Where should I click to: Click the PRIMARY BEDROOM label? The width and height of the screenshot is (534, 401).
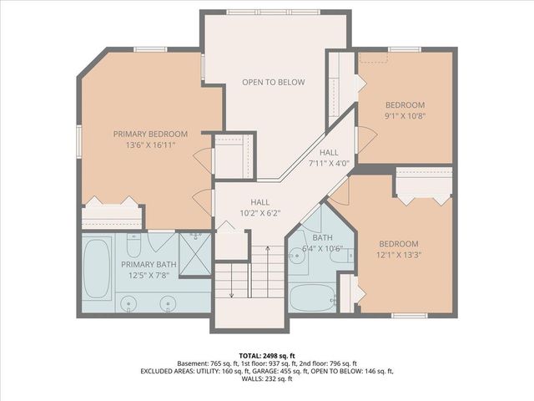coord(150,134)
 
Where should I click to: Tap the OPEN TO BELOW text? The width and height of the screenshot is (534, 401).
coord(273,82)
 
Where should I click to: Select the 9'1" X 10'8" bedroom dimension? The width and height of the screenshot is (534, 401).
coord(405,117)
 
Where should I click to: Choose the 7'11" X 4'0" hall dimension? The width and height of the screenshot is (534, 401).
coord(328,163)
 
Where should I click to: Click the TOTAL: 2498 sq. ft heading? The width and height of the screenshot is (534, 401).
coord(267,354)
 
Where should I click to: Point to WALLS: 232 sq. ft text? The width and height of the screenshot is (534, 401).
coord(267,379)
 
